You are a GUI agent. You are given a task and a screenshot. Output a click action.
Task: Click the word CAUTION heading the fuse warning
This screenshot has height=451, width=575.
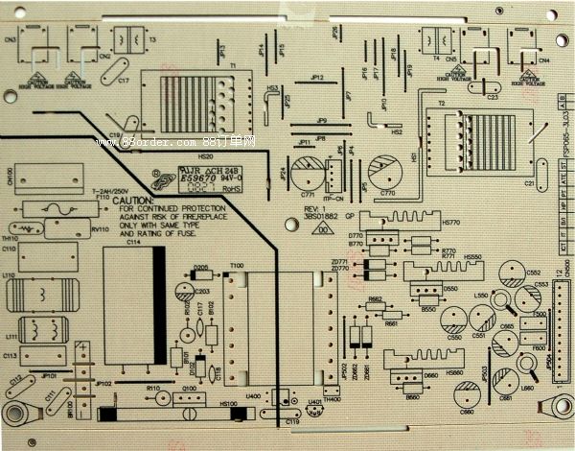133,201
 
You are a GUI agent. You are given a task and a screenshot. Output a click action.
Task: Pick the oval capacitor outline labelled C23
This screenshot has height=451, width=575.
492,88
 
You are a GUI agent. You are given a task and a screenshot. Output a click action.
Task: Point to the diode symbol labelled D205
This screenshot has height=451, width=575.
202,275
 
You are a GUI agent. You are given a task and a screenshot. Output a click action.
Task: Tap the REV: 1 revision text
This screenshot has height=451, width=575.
315,208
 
